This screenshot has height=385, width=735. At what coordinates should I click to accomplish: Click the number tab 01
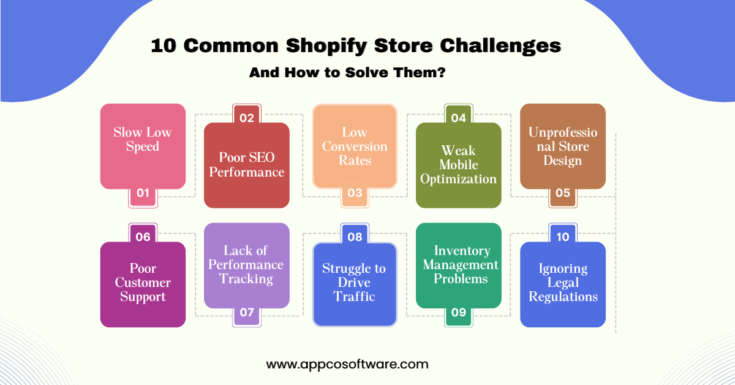tap(143, 193)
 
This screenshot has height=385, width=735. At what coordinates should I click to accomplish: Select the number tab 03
tap(355, 193)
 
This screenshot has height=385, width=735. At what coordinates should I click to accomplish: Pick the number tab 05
tap(563, 193)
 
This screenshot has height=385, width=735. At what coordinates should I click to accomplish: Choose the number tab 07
tap(247, 312)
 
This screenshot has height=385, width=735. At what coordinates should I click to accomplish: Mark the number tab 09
tap(459, 312)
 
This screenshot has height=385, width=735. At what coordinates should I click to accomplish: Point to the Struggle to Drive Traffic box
tap(355, 283)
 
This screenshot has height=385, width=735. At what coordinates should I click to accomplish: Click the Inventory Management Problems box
tap(459, 265)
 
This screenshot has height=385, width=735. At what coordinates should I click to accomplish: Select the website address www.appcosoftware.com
tap(347, 364)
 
